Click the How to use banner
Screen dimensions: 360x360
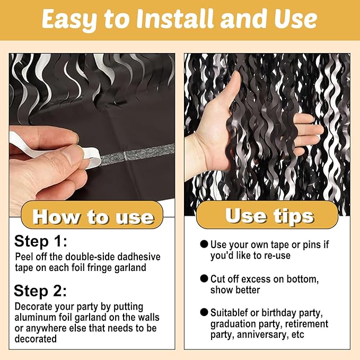pos(93,216)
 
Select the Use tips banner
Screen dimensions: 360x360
pos(269,215)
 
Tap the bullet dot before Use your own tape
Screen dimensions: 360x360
pos(204,244)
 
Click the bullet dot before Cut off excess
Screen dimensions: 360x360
pos(204,279)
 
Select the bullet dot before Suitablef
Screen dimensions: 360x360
pos(204,313)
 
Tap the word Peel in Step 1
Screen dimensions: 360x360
pos(24,257)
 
